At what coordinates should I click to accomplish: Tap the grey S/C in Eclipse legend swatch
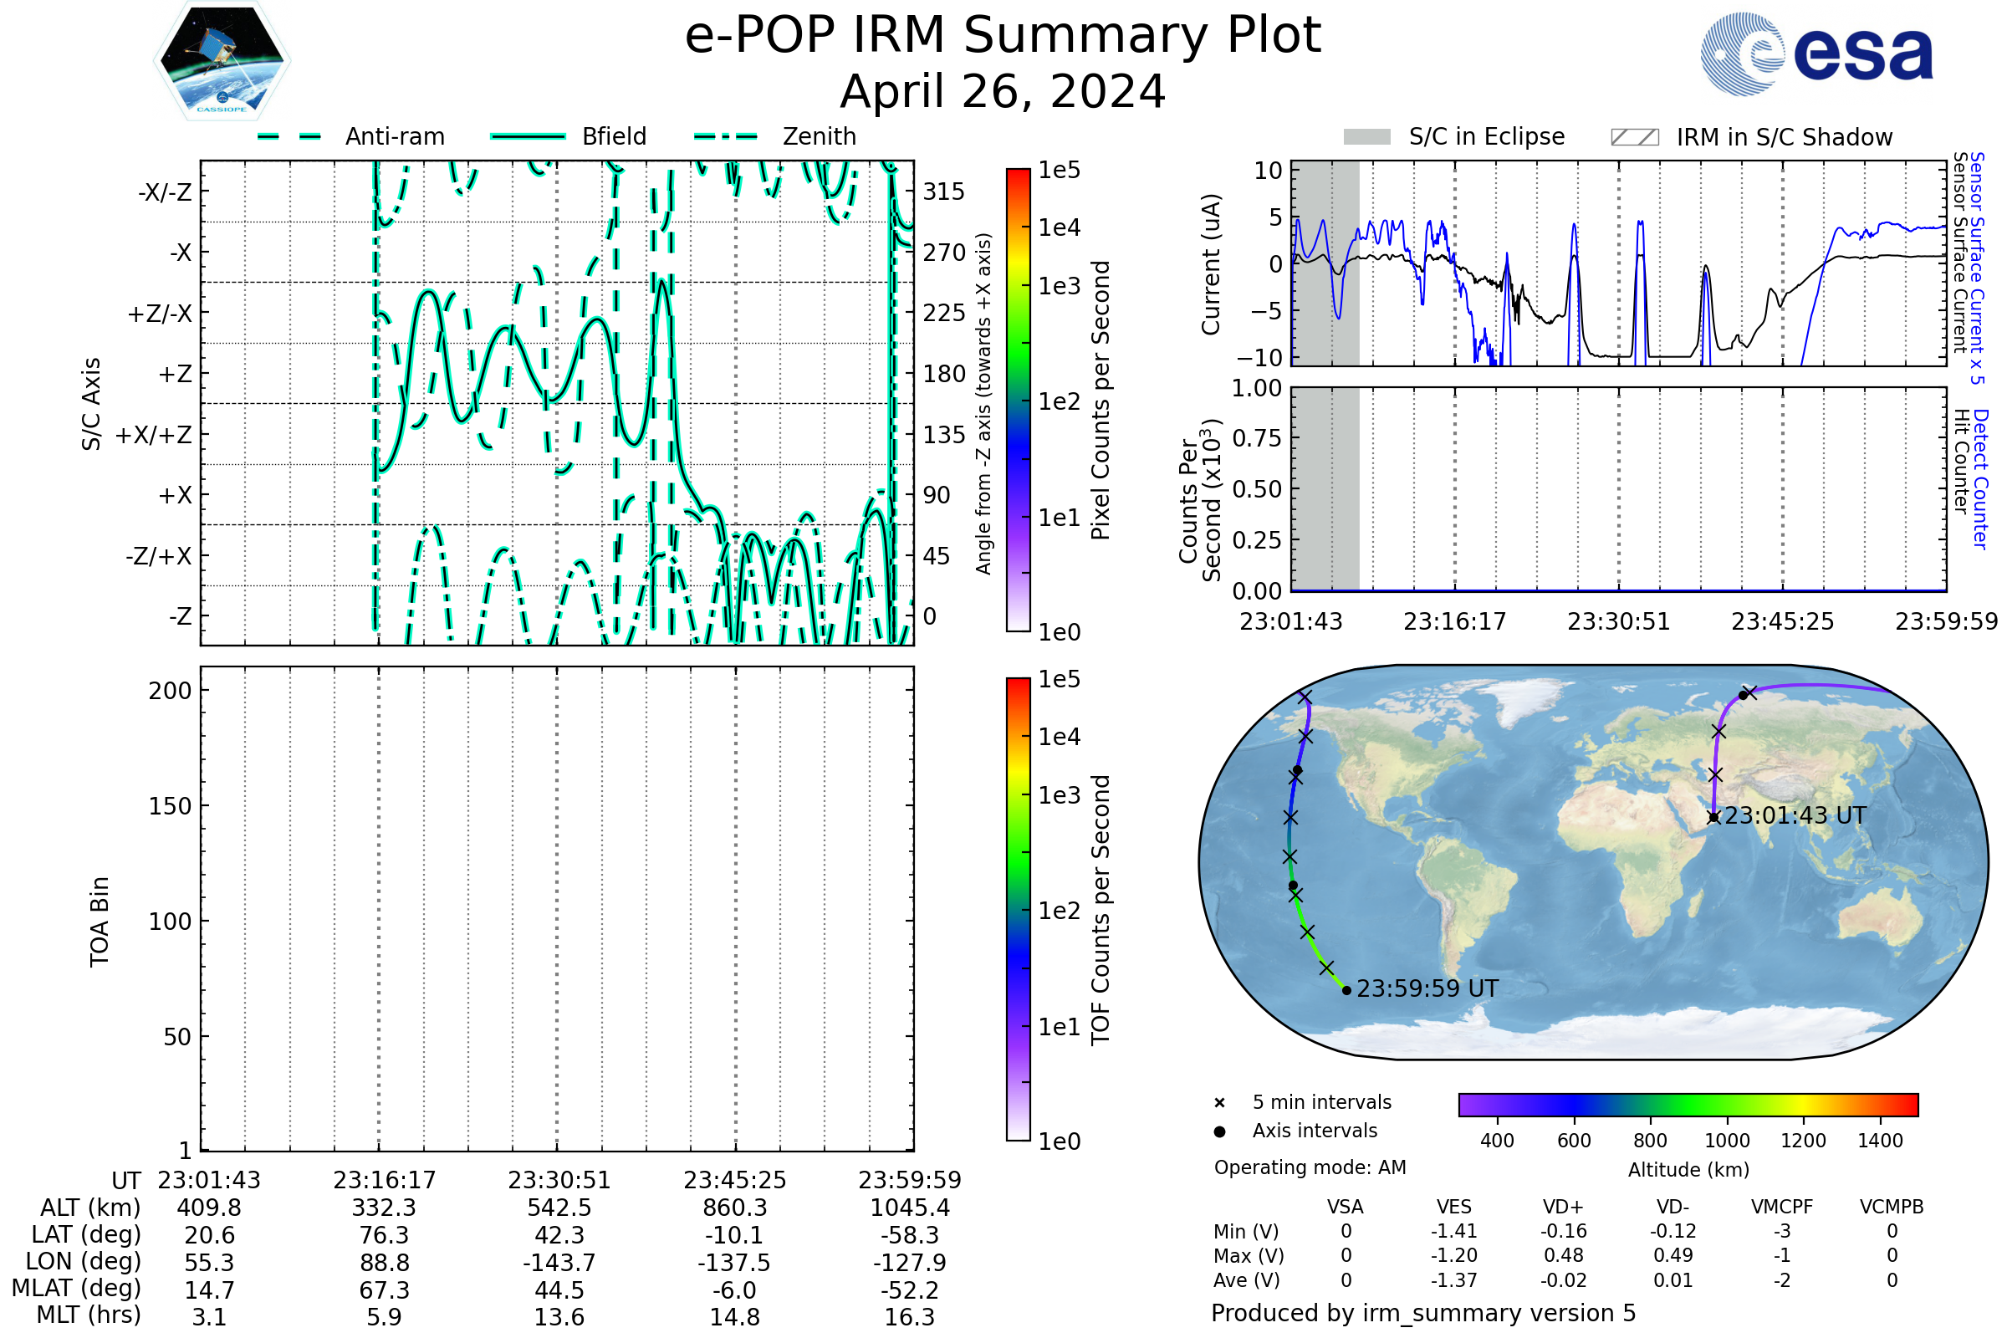tap(1366, 137)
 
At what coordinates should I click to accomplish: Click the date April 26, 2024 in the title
tap(1003, 92)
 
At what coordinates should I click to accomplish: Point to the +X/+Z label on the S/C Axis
tap(154, 435)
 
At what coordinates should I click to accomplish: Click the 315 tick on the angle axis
tap(944, 192)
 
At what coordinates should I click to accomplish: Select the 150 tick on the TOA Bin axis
tap(170, 806)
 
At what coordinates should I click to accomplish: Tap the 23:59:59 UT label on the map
tap(1427, 989)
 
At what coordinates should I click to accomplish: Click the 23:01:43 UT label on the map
tap(1795, 816)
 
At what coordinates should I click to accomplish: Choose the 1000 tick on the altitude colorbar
tap(1726, 1141)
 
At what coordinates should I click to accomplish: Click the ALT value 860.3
tap(735, 1208)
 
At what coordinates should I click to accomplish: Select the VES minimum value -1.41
tap(1454, 1231)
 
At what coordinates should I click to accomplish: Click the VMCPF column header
tap(1782, 1208)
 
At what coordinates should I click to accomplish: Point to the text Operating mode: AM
tap(1310, 1167)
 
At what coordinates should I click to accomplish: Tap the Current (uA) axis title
tap(1211, 264)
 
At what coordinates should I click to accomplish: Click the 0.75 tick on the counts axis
tap(1257, 438)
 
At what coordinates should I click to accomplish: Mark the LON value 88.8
tap(384, 1263)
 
